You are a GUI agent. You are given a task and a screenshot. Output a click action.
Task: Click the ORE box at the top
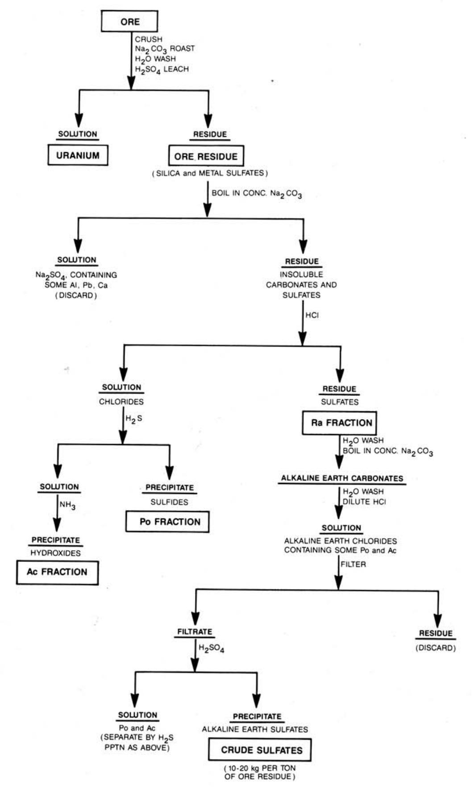coord(129,21)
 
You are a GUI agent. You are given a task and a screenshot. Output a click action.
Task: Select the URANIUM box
coord(78,155)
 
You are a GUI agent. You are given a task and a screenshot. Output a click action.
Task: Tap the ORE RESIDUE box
coord(206,156)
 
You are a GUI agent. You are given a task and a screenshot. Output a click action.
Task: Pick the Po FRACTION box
coord(167,521)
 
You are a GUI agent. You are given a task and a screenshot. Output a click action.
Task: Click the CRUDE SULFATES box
coord(259,750)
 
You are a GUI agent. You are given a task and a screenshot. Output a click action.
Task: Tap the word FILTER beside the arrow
coord(353,564)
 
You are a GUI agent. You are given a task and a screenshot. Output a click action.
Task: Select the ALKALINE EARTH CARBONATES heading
coord(342,478)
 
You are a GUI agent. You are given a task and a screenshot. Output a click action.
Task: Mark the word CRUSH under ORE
coord(149,39)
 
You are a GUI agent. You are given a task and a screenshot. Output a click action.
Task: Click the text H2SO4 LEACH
coord(162,69)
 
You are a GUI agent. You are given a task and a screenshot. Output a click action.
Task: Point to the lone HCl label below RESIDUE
coord(312,315)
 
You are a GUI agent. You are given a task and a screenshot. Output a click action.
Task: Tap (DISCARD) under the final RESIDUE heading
coord(435,648)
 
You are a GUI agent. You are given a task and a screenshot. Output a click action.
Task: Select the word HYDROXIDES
coord(55,553)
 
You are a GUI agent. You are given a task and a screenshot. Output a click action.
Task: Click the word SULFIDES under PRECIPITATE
coord(169,502)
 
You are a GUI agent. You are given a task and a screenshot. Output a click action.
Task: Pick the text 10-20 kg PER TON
coord(259,768)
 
